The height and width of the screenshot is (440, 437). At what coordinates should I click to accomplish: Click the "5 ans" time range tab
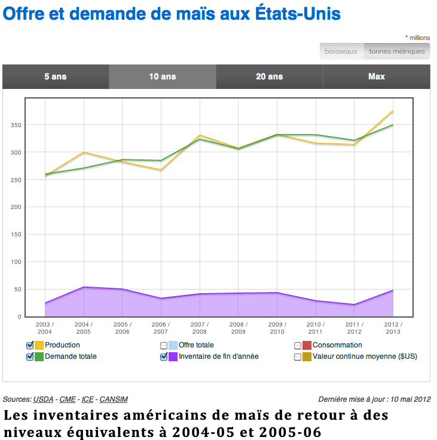coord(55,76)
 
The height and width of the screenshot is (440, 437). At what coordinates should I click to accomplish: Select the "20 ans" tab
coord(269,76)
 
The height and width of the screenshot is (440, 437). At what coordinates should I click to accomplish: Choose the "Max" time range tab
coord(377,76)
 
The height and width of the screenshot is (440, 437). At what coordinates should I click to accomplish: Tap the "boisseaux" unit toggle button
coord(341,51)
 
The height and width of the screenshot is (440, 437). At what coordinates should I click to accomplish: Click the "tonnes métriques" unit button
coord(397,51)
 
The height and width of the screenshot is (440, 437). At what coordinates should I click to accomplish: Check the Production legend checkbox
coord(30,345)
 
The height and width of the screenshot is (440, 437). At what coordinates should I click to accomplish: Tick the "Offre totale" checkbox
coord(164,345)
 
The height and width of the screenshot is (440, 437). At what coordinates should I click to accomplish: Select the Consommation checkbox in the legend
coord(298,345)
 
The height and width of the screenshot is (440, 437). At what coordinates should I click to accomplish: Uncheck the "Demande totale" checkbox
coord(30,356)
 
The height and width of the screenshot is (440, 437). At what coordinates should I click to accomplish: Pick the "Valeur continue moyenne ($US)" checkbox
coord(298,356)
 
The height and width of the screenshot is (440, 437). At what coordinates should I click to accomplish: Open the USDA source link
coord(43,399)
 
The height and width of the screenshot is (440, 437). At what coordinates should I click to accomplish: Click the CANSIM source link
coord(113,399)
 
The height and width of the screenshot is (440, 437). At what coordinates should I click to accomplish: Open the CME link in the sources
coord(68,399)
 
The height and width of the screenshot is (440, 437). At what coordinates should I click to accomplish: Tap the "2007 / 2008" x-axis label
coord(200,328)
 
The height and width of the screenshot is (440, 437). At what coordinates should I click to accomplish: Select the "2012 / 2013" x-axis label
coord(393,328)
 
